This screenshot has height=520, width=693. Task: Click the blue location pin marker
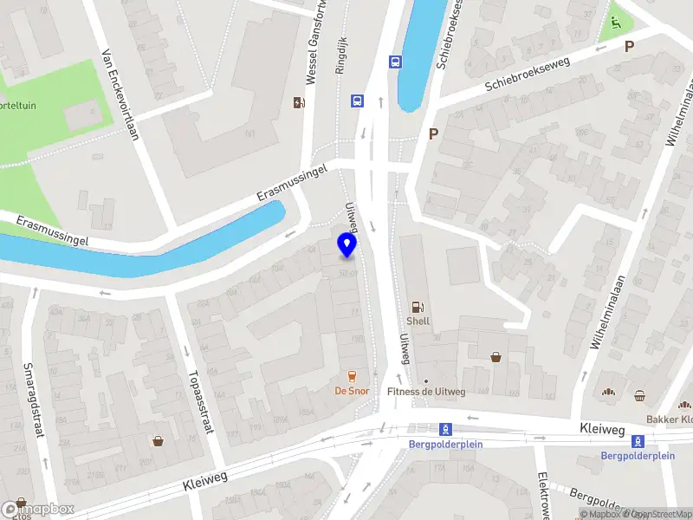click(347, 244)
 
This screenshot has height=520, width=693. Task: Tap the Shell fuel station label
click(418, 321)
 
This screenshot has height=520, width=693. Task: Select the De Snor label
click(351, 391)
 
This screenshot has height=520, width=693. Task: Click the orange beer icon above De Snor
click(351, 376)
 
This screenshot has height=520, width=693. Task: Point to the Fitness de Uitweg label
click(426, 392)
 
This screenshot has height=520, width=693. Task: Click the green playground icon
click(615, 23)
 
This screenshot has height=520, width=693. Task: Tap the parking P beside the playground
click(630, 46)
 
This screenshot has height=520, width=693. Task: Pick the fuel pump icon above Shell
click(418, 305)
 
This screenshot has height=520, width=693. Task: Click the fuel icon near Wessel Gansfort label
click(300, 103)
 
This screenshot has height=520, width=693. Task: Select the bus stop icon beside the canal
click(395, 61)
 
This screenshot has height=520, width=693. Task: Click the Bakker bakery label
click(670, 419)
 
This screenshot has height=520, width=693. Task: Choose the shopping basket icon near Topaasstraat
click(159, 440)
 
